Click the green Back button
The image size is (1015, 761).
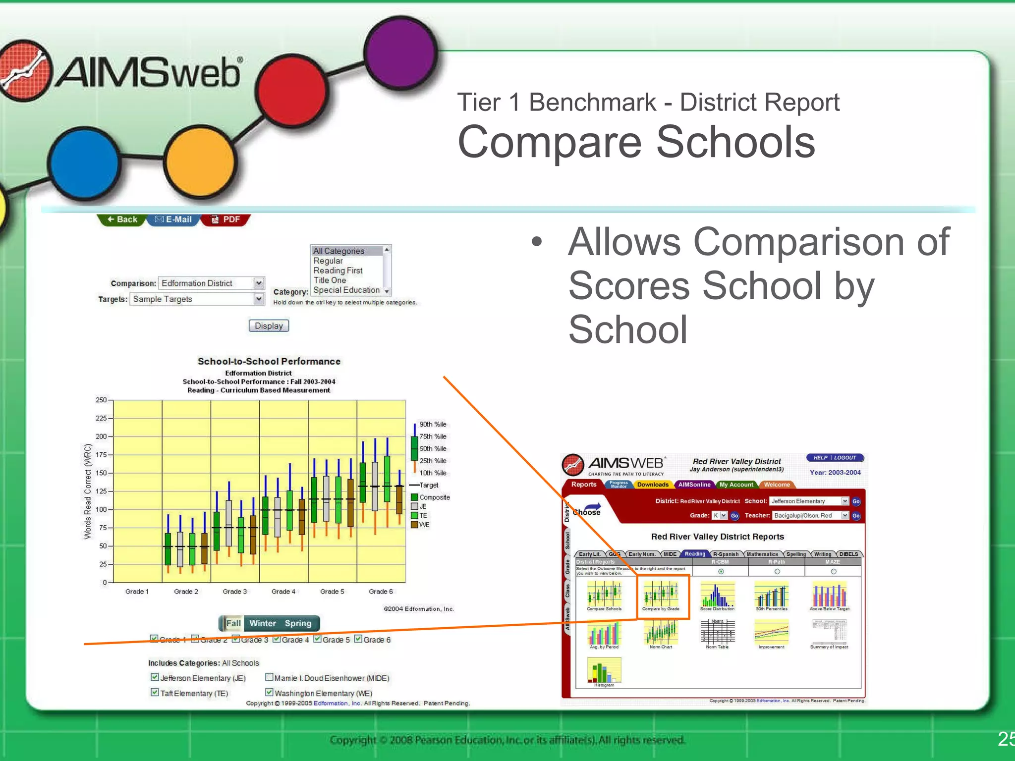click(x=122, y=219)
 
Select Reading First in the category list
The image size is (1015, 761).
click(x=338, y=271)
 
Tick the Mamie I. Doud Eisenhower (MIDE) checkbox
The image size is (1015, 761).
click(x=269, y=677)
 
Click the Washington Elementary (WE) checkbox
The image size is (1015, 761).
click(x=269, y=693)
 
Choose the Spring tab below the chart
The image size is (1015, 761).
click(x=298, y=623)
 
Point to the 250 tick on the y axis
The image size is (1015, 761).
click(x=101, y=400)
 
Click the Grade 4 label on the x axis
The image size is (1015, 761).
click(x=283, y=592)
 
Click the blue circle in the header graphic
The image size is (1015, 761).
click(x=84, y=163)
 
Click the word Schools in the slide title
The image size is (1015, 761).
click(x=735, y=142)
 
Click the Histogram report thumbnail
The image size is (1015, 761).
click(x=604, y=671)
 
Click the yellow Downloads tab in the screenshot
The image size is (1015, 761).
click(x=652, y=485)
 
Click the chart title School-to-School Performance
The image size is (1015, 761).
click(x=269, y=361)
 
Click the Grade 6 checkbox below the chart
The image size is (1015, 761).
click(x=358, y=639)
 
